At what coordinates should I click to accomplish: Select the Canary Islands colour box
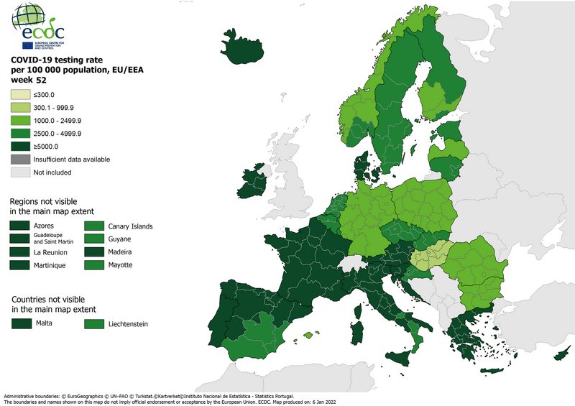[x=94, y=226]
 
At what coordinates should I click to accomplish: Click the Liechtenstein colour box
[x=94, y=324]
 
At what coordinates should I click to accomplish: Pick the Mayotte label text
[x=120, y=265]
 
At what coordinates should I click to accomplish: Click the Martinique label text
[x=50, y=265]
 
